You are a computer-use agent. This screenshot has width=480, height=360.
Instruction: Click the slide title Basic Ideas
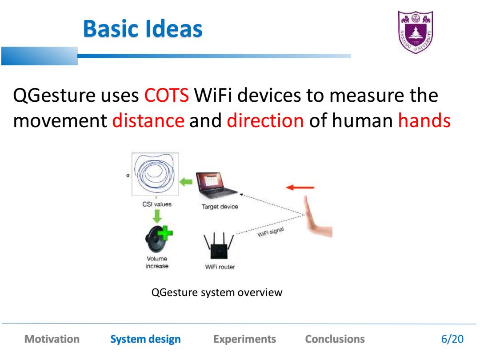point(143,29)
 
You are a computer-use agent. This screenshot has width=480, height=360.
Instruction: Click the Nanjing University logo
point(416,32)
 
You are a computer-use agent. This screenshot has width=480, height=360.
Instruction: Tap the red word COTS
point(167,95)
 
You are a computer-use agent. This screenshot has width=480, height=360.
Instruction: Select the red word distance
point(148,120)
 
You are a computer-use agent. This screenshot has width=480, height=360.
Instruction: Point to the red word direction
point(265,120)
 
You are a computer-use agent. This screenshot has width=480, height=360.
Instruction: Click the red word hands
point(424,120)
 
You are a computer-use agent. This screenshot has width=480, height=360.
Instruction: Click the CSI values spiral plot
point(155,174)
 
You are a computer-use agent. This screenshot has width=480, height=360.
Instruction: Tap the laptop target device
point(216,185)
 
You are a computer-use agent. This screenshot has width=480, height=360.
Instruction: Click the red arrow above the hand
point(300,187)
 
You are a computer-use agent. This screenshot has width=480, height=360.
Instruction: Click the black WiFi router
point(219,245)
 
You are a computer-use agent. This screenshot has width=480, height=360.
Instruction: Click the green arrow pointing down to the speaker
point(157,216)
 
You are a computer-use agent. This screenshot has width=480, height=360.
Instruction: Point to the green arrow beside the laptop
point(186,182)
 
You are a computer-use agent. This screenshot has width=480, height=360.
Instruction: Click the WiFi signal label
point(271,232)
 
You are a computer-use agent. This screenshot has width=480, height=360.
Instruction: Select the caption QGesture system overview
point(217,292)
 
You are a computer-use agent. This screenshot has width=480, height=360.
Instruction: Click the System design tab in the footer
point(145,339)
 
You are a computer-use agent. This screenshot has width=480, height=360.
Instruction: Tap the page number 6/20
point(452,339)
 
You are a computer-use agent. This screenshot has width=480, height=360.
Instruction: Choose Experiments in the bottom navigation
point(244,339)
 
